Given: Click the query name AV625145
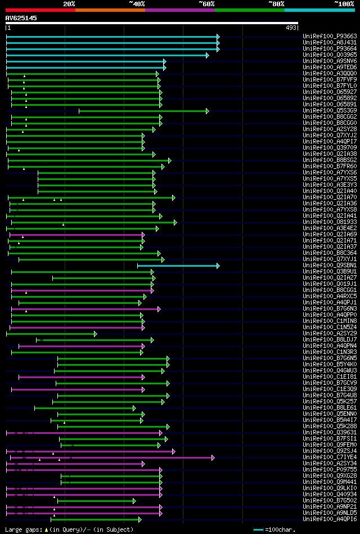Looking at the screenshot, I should coord(21,18).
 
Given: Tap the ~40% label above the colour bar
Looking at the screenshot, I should coord(137,3).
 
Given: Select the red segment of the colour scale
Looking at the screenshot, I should coord(40,10).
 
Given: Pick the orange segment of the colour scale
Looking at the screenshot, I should coord(110,10).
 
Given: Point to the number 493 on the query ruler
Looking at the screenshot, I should coord(291,28).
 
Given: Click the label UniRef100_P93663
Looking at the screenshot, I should coord(329,36).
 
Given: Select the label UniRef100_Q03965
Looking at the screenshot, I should coord(329,55).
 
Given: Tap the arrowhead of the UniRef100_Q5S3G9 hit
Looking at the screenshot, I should coord(208,111).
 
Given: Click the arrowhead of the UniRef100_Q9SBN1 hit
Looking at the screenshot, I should coord(218,265).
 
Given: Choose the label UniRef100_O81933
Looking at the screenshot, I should coord(329,222).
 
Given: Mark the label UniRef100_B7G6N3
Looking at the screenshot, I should coord(329,308).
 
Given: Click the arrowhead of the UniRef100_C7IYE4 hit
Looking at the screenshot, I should coord(213,457).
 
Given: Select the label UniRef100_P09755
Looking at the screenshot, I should coord(329,469).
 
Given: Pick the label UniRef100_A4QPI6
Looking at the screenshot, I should coord(329,519).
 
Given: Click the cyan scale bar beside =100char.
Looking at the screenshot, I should coord(258,529).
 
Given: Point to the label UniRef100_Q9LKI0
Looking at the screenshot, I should coord(329,488).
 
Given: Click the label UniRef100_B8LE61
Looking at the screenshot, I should coord(329,407).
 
